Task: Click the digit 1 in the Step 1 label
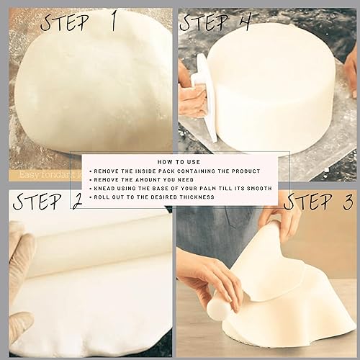coord(112,22)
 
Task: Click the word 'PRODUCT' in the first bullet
coord(244,171)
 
